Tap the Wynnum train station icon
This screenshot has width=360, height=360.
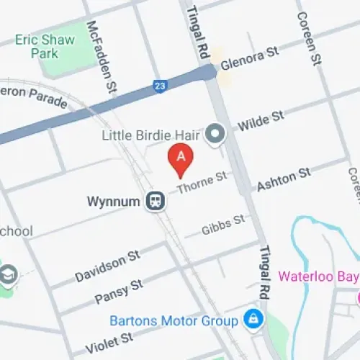(x=156, y=201)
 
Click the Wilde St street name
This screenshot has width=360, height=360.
(x=261, y=120)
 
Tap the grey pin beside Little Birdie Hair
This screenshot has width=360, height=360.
(x=215, y=133)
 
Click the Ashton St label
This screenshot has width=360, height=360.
(x=283, y=179)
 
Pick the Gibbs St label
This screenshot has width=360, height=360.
(x=222, y=225)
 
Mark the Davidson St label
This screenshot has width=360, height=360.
(x=107, y=266)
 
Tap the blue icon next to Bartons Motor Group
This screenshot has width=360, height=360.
(x=253, y=317)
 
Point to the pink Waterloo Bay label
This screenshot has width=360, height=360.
(x=318, y=276)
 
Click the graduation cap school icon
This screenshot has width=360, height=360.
(x=9, y=274)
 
